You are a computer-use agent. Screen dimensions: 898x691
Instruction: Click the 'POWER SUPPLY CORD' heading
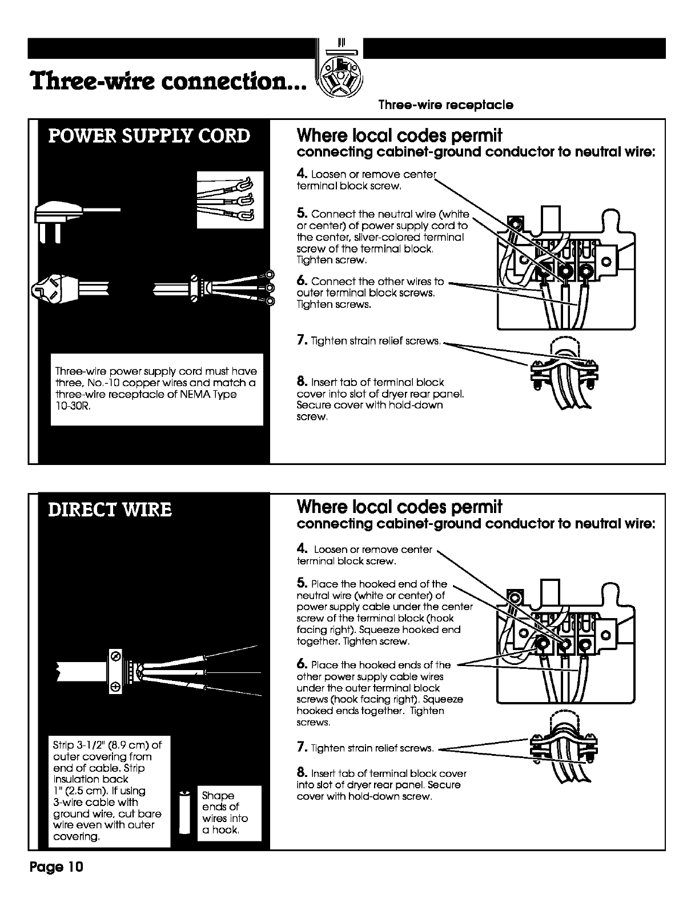(x=149, y=136)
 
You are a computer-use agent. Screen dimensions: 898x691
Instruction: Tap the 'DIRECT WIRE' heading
(x=110, y=509)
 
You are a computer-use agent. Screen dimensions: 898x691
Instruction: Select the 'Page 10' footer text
(x=57, y=867)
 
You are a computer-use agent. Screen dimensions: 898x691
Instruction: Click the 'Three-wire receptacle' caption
(x=446, y=105)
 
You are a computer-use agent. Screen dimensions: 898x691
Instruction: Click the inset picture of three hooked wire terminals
(x=230, y=199)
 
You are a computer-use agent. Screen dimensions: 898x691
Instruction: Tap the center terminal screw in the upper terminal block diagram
(x=566, y=271)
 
